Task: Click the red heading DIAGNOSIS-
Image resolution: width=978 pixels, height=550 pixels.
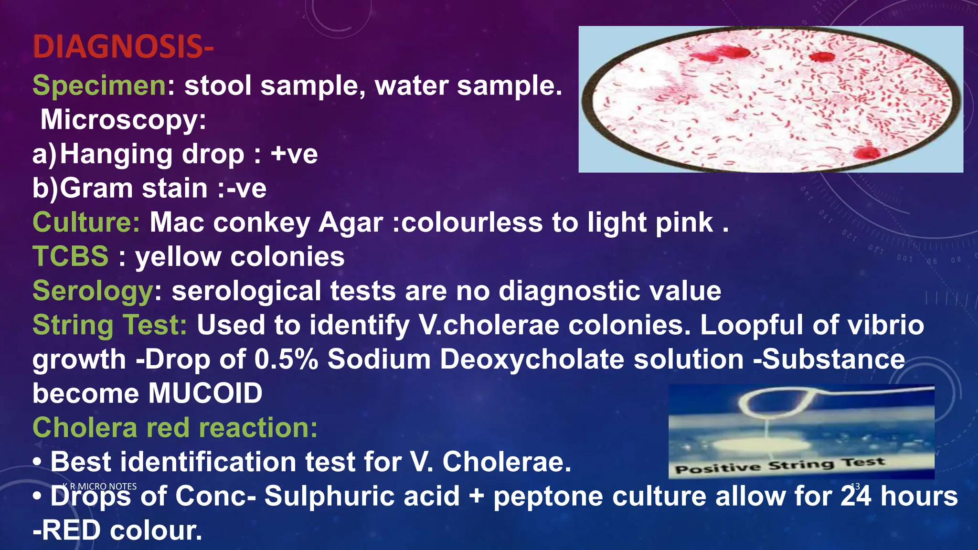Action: [x=123, y=47]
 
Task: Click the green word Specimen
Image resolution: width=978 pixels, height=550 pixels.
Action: [x=99, y=85]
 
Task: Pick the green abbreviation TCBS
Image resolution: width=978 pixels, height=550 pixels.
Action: [x=71, y=256]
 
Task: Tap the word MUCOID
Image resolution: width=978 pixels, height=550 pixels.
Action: [x=205, y=393]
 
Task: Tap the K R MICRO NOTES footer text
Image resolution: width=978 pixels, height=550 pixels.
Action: [x=99, y=487]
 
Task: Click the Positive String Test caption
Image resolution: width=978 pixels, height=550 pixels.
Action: [x=780, y=465]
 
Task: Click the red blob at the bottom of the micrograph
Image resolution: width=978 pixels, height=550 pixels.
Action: [x=866, y=152]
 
